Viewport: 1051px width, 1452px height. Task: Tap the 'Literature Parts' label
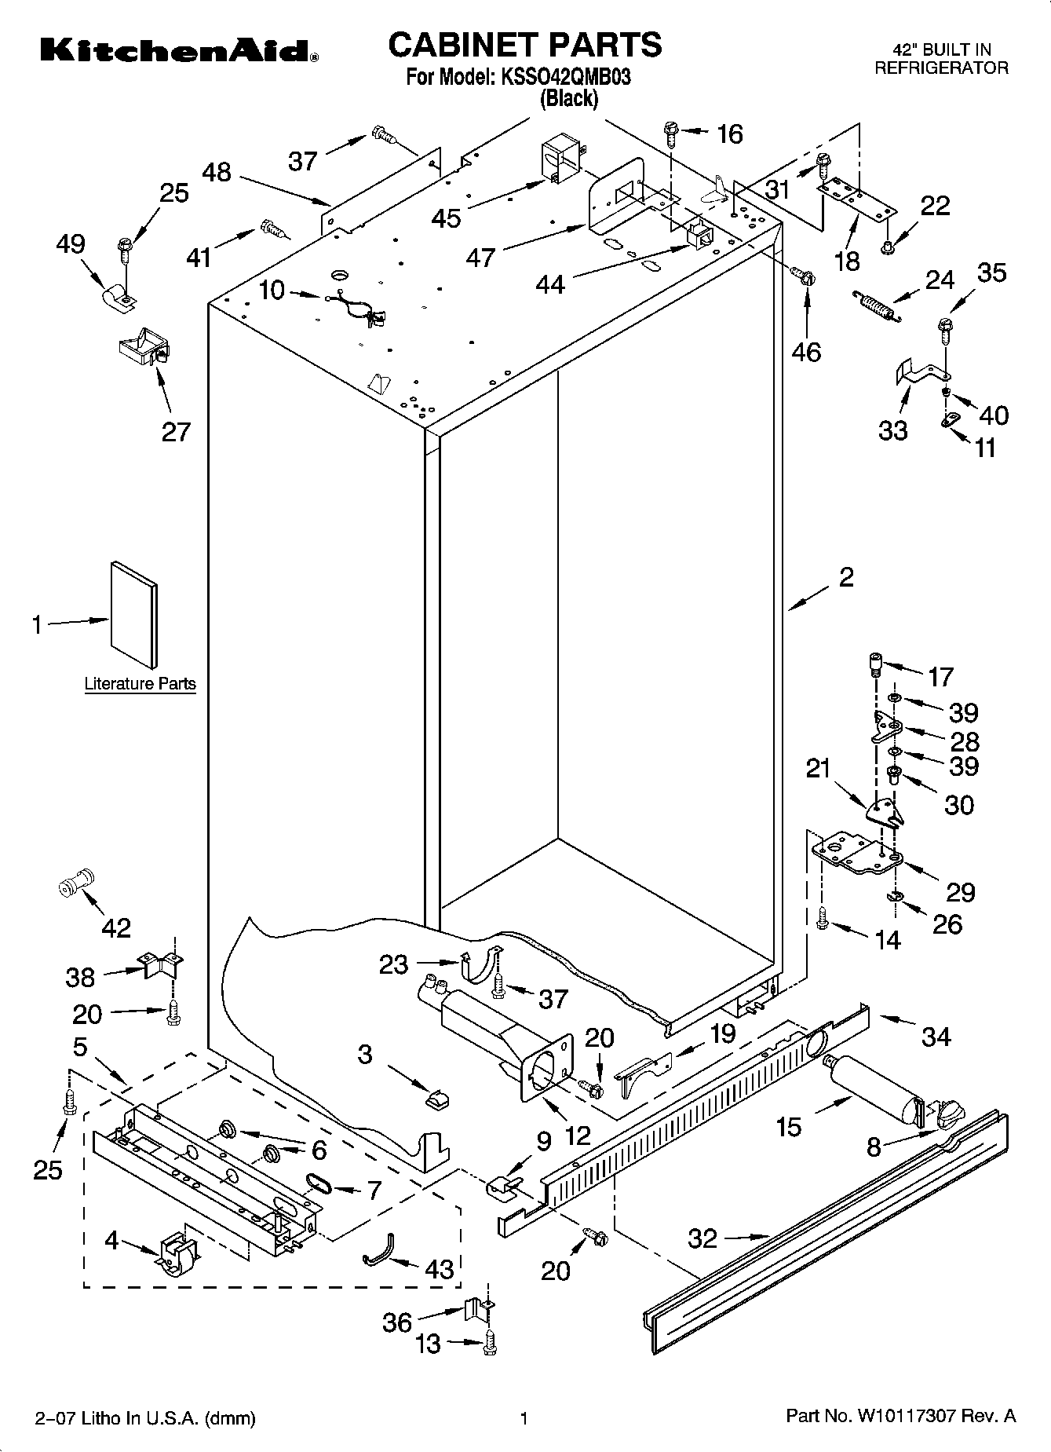140,683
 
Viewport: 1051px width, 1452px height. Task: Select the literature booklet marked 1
134,613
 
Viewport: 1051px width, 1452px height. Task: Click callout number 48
217,172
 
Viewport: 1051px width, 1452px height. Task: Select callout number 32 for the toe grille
702,1239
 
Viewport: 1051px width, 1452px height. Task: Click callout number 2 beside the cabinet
846,577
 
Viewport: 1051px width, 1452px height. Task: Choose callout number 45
447,218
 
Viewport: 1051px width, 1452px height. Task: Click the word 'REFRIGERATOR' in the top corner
942,68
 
